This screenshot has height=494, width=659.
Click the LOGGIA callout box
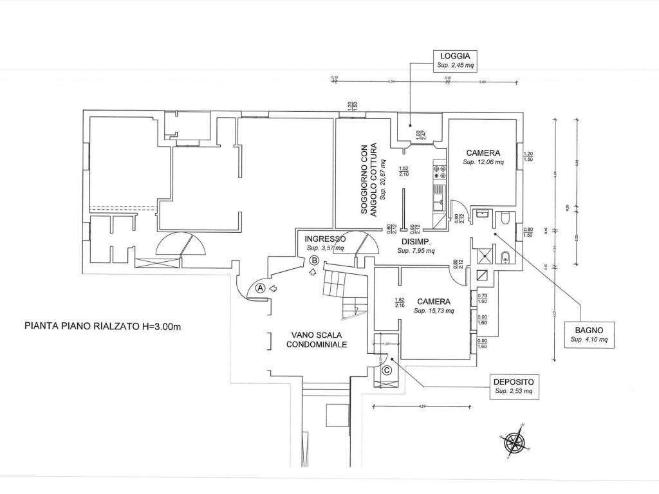click(453, 60)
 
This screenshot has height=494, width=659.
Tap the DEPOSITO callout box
click(514, 385)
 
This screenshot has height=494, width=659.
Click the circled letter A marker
click(261, 288)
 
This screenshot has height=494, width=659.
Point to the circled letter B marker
click(314, 261)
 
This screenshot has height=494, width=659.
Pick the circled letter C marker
click(387, 370)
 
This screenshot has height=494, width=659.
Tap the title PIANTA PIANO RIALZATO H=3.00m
click(102, 326)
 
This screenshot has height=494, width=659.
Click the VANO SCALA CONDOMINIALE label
click(318, 340)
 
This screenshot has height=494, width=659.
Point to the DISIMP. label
click(415, 242)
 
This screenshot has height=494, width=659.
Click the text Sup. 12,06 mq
click(483, 163)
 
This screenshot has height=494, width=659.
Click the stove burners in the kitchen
click(440, 171)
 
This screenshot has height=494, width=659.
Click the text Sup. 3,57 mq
click(325, 248)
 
